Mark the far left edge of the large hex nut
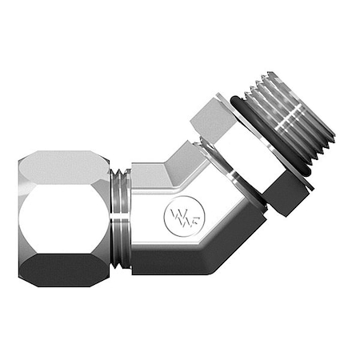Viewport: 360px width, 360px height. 19,213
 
